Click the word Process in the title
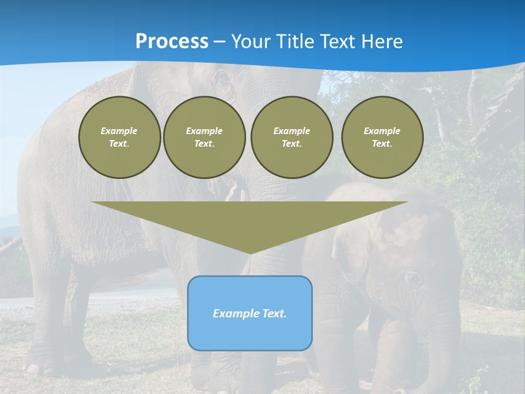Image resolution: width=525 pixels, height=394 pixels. click(x=172, y=42)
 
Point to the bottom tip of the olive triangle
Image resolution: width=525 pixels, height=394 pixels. click(x=250, y=252)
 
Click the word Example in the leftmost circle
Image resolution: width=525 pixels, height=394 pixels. click(x=119, y=131)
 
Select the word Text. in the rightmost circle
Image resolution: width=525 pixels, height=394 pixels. click(x=382, y=143)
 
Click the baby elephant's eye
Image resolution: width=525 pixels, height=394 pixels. click(x=413, y=277)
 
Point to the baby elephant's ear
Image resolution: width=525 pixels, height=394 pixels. click(x=350, y=246)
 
